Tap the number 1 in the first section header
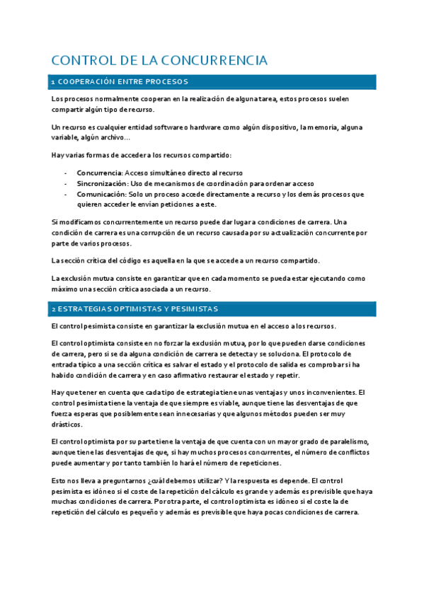point(53,83)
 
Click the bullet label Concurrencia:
point(100,173)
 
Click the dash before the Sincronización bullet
point(65,183)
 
